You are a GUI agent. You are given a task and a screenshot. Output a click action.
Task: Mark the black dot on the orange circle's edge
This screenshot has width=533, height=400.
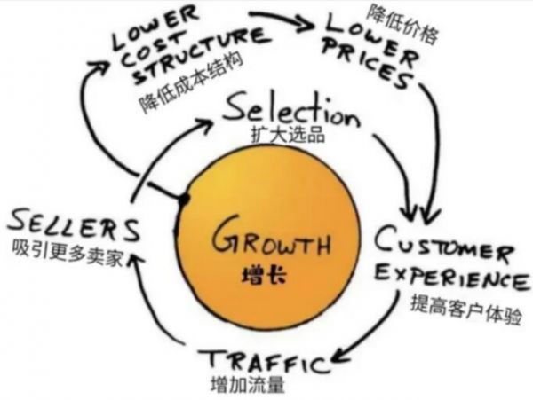pyautogui.click(x=184, y=199)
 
